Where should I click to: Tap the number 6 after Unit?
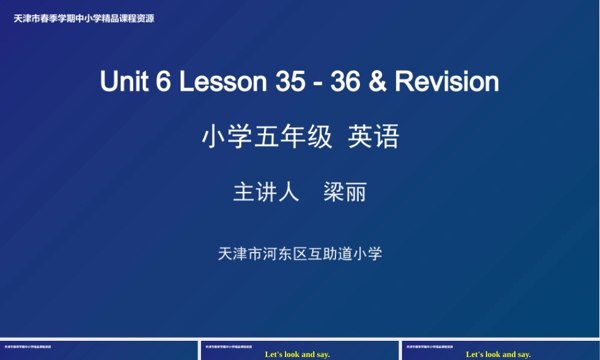pos(163,82)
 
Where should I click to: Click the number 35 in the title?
pos(290,82)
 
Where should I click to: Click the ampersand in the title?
pos(378,82)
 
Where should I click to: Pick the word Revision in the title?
pos(447,82)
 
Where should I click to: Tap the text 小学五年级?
pos(267,137)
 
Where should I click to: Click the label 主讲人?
pos(266,193)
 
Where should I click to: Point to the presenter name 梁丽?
pos(345,193)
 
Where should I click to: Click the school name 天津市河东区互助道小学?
pos(300,254)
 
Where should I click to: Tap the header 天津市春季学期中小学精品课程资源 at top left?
pos(84,19)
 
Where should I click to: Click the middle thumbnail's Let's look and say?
pos(298,355)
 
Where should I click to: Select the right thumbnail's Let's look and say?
pos(499,355)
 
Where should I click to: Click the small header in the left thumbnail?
pos(28,347)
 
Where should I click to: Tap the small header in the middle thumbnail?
pos(229,347)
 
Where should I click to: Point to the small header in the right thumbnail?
pos(430,347)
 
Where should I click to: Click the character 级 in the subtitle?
pos(320,137)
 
